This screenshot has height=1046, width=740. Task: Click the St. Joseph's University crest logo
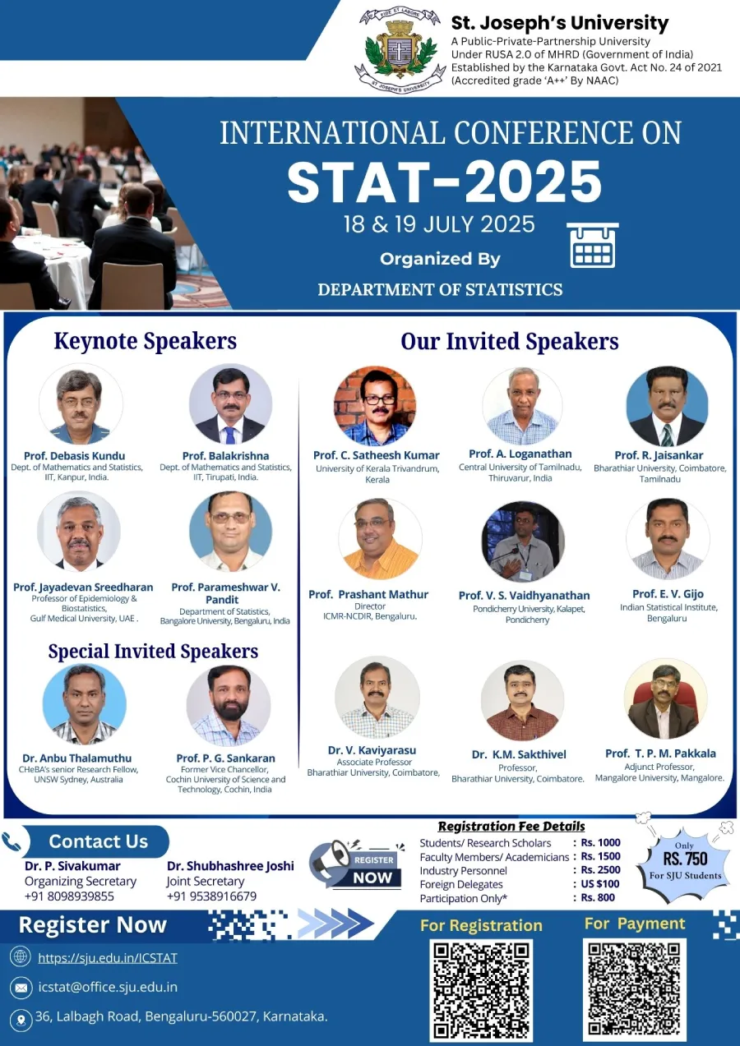(x=400, y=49)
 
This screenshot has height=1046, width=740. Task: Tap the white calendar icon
(x=593, y=245)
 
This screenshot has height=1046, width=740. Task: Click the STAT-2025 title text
(x=444, y=182)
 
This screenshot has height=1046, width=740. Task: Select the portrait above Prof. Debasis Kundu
(x=81, y=404)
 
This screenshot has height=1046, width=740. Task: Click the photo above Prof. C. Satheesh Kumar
(x=375, y=405)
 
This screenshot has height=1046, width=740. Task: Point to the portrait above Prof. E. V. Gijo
(x=668, y=539)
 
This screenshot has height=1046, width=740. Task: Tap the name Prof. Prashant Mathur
(x=368, y=594)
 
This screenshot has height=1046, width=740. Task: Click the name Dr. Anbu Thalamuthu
(x=77, y=758)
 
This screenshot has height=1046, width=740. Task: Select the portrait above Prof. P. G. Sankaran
(x=229, y=706)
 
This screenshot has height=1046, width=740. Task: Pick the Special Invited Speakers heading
(x=153, y=652)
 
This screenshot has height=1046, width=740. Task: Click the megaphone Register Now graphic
(x=357, y=864)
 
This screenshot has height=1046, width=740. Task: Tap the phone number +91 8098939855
(x=69, y=896)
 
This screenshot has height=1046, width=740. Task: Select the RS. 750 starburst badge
(x=685, y=859)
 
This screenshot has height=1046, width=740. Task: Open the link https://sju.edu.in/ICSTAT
(x=108, y=958)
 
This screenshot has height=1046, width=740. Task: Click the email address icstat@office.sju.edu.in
(x=108, y=987)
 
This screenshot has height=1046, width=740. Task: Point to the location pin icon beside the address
(x=21, y=1018)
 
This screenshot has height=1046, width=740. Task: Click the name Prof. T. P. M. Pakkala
(x=660, y=753)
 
